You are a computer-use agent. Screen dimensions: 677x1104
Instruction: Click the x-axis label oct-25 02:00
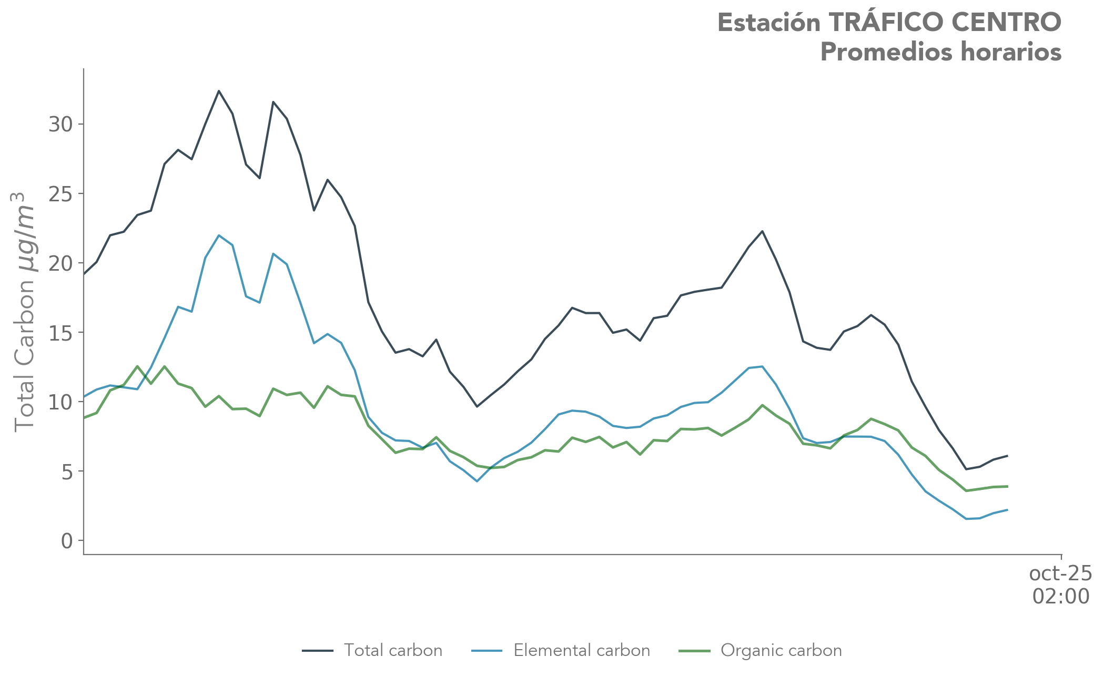(x=1060, y=585)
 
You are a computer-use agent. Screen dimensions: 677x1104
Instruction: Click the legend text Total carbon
(x=393, y=651)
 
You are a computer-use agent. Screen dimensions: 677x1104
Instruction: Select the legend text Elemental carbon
(x=582, y=651)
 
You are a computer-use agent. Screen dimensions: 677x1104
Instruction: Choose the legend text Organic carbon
(x=781, y=651)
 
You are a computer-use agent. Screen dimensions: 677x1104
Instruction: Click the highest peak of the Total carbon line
(x=219, y=91)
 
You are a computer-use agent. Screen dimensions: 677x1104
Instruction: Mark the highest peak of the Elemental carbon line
(x=219, y=235)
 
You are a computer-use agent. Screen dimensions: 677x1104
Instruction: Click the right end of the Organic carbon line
(x=1007, y=486)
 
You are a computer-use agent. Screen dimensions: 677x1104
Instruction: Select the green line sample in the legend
(x=695, y=651)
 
